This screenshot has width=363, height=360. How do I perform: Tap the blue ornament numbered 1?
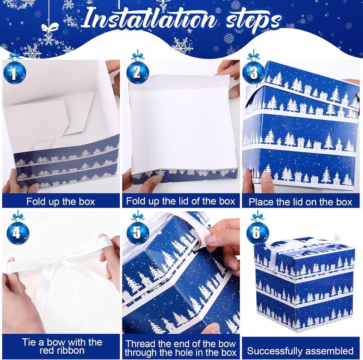[15, 72]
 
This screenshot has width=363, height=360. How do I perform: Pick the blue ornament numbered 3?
[253, 72]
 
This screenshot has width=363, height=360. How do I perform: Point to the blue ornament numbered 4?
[18, 233]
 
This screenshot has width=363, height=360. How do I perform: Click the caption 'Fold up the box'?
[60, 201]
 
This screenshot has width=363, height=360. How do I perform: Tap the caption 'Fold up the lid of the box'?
[181, 201]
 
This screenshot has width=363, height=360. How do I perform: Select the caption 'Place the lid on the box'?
[300, 201]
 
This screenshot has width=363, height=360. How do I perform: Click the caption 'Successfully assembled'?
[300, 350]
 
